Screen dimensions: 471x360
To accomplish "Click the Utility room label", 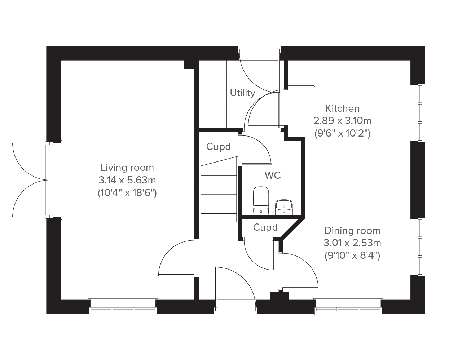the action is click(242, 93).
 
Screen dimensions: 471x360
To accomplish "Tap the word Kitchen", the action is click(342, 108).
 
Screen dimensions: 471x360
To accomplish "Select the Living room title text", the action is click(127, 168).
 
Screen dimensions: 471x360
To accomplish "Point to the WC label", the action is click(273, 175).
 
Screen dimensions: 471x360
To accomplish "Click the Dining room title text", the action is click(352, 231).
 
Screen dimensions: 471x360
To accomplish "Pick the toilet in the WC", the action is click(261, 200).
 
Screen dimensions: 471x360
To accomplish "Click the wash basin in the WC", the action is click(284, 207).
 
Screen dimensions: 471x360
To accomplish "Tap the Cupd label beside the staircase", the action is click(219, 147).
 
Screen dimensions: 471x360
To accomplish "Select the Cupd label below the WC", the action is click(265, 227).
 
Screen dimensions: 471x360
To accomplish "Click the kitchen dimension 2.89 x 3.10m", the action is click(342, 121).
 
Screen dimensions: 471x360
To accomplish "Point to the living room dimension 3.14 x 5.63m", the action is click(127, 180).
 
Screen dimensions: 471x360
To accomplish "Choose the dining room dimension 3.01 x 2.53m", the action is click(352, 243).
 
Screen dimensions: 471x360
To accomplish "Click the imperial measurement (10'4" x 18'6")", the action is click(127, 193).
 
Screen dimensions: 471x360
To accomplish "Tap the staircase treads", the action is click(219, 190).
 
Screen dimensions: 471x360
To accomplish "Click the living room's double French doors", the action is click(31, 180).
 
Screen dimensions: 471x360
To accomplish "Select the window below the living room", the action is click(123, 307).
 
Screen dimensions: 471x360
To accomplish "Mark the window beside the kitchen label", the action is click(417, 113).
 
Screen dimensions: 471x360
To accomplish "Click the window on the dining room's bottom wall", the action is click(348, 307).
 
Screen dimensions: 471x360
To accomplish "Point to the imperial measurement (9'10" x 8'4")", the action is click(352, 256).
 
